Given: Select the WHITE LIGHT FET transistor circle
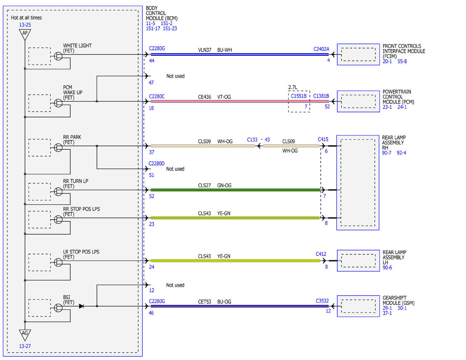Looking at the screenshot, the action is (58, 56).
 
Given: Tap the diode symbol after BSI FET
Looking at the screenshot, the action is (82, 306).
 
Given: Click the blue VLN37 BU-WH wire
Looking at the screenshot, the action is (240, 54).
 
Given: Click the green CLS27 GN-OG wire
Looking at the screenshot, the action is (235, 190).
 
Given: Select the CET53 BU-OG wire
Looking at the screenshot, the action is (240, 306).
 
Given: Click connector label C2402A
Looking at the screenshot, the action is (321, 49).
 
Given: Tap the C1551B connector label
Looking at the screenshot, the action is (299, 96).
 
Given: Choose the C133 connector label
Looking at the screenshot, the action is (252, 140).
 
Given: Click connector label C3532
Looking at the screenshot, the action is (322, 301).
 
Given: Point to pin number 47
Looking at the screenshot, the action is (151, 83).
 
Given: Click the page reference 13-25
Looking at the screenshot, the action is (25, 25).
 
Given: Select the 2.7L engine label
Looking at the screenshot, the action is (293, 87).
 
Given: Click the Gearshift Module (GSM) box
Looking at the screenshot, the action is (358, 306).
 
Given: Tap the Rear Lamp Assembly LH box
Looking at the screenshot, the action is (358, 261).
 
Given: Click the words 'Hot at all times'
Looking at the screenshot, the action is (26, 18).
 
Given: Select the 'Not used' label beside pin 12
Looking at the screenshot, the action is (175, 285).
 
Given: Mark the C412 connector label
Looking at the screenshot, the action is (321, 254).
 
